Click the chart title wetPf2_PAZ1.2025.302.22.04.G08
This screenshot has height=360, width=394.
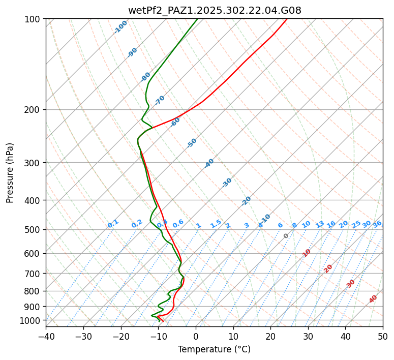point(214,10)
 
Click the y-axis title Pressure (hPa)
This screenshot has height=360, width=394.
point(10,173)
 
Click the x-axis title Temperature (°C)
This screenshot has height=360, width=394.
point(214,350)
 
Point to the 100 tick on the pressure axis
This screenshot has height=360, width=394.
point(34,19)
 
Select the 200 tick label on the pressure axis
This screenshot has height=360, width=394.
point(34,110)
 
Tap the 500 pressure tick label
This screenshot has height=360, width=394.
point(34,230)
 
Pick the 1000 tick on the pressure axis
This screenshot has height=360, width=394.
point(32,320)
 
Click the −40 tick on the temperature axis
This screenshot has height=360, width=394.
point(46,336)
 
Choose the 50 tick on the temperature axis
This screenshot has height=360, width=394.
point(383,336)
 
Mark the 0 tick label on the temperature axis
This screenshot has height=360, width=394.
point(196,336)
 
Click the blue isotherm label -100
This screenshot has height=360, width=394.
point(121,27)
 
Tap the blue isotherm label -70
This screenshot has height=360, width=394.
point(160,100)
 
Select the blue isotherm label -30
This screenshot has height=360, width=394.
point(227,183)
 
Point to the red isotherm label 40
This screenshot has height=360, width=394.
point(373,299)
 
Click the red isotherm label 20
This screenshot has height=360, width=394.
point(328,268)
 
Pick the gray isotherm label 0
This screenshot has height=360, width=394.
point(286,236)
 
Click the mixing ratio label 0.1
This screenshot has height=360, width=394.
point(113,224)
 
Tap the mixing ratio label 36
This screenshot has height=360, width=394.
point(377,224)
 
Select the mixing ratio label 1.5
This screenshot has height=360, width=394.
point(216,224)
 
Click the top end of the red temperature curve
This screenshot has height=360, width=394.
point(286,19)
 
